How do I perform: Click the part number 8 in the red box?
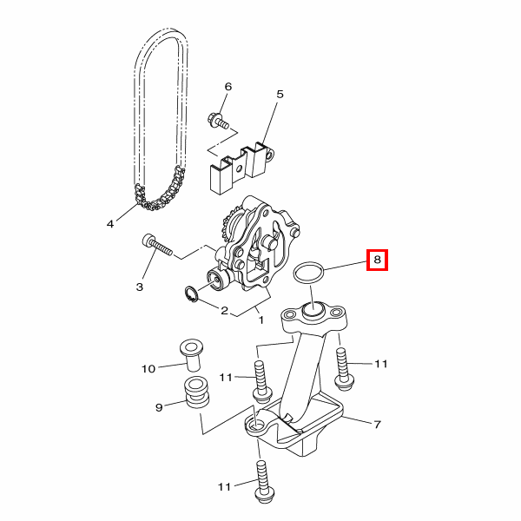click(377, 260)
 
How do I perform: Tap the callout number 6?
click(228, 87)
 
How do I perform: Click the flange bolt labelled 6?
click(218, 122)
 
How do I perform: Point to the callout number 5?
click(280, 95)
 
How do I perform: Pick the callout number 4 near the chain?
click(110, 224)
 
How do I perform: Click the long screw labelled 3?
click(157, 245)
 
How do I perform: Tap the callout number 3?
click(140, 287)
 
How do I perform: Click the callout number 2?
click(225, 311)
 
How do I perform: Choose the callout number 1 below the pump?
click(261, 320)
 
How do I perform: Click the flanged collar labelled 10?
click(191, 355)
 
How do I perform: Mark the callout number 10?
click(148, 369)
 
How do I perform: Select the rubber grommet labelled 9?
click(197, 392)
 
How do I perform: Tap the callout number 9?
click(159, 407)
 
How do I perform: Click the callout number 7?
click(377, 425)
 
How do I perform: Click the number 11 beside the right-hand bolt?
click(381, 364)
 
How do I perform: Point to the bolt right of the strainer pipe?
click(344, 369)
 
